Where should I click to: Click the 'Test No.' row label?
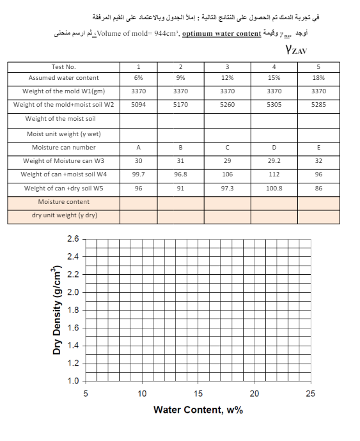[63, 66]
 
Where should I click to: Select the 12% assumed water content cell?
[227, 77]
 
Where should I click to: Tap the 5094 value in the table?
[138, 105]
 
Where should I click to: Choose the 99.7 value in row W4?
[138, 174]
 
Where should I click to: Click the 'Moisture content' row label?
[63, 201]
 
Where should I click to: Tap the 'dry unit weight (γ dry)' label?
[64, 215]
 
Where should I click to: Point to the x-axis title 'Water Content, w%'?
[198, 409]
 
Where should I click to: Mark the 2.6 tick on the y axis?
[73, 238]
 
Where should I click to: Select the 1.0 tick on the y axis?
[73, 382]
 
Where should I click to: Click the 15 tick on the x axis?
[198, 393]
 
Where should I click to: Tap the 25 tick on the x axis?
[310, 393]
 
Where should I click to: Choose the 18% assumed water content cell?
[318, 77]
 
